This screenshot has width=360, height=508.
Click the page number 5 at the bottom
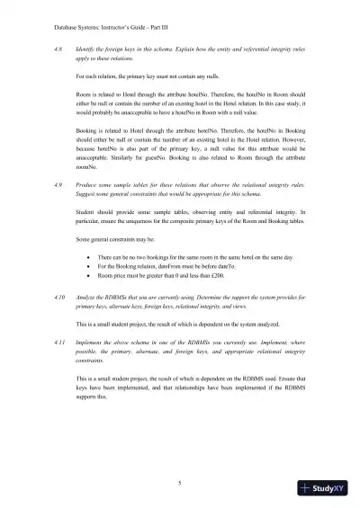180,483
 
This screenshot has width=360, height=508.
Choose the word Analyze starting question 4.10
89,295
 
